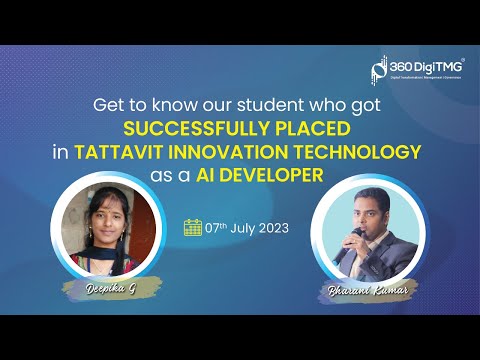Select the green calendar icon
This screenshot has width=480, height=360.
point(193,227)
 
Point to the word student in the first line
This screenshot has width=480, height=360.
point(265,103)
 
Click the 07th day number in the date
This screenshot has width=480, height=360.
point(213,227)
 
